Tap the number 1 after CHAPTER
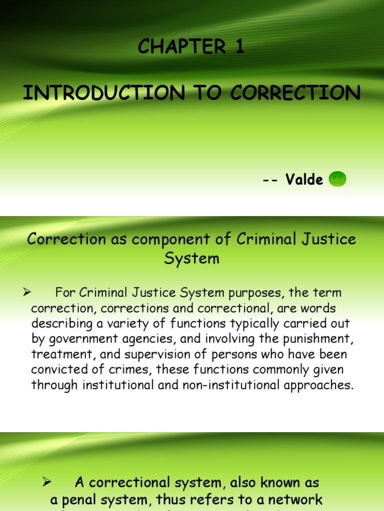239,47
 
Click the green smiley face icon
338,179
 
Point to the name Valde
304,180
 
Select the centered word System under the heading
192,259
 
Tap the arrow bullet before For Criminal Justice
28,291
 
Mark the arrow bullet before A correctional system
47,482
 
